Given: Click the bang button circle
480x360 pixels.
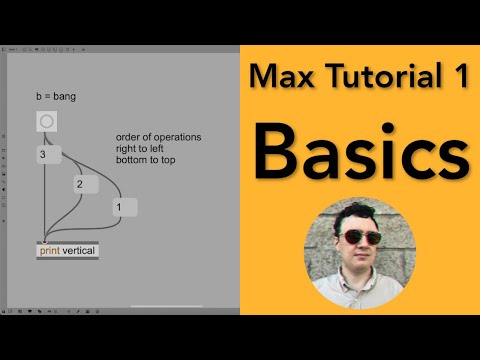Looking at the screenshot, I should click(x=46, y=122).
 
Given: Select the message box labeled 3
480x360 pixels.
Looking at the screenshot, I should click(x=49, y=155).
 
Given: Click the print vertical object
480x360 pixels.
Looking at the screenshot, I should click(x=68, y=251).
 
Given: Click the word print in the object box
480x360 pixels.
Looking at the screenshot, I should click(x=49, y=251).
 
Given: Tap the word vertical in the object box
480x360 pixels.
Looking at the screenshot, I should click(x=79, y=251).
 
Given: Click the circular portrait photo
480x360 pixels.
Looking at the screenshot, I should click(x=358, y=250).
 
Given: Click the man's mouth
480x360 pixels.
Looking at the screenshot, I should click(x=359, y=263).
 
